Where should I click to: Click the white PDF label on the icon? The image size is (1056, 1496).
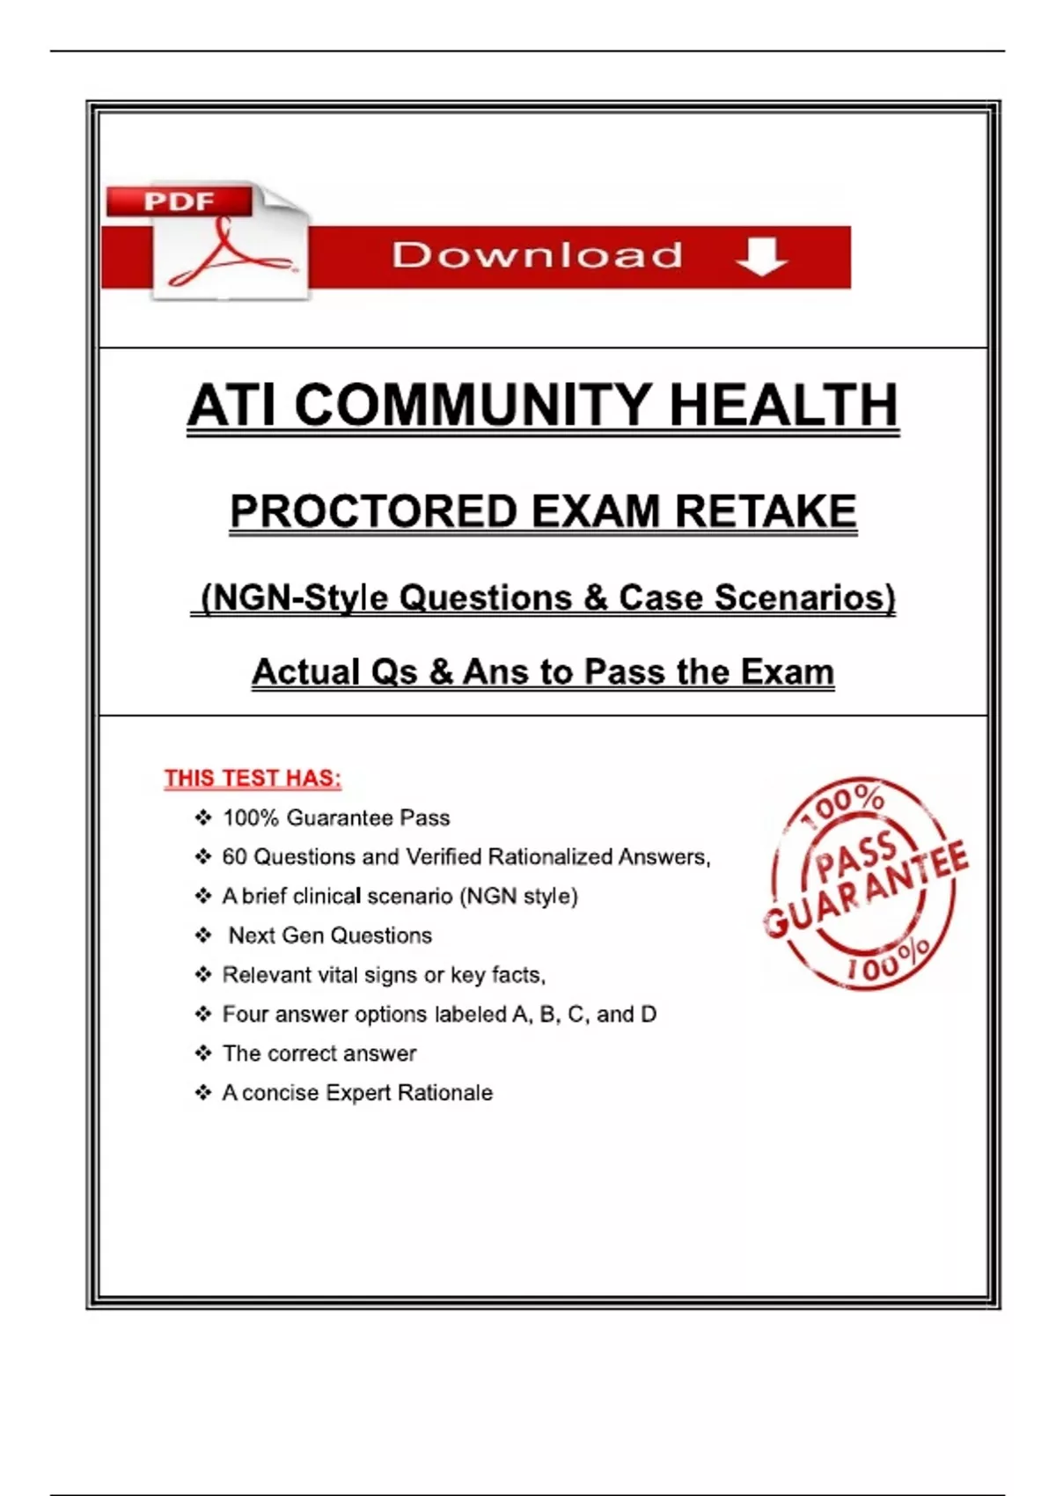pyautogui.click(x=179, y=202)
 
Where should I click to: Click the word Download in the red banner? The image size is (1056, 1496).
pyautogui.click(x=537, y=255)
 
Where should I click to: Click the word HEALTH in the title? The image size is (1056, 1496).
pyautogui.click(x=783, y=406)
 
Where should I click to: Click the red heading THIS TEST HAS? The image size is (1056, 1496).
pyautogui.click(x=253, y=778)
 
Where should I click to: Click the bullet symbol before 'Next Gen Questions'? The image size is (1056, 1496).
pyautogui.click(x=203, y=935)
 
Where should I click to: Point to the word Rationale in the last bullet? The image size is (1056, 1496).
pyautogui.click(x=445, y=1093)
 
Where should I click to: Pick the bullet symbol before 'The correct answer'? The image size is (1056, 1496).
pyautogui.click(x=203, y=1053)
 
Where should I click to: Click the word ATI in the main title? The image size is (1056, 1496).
pyautogui.click(x=233, y=406)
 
